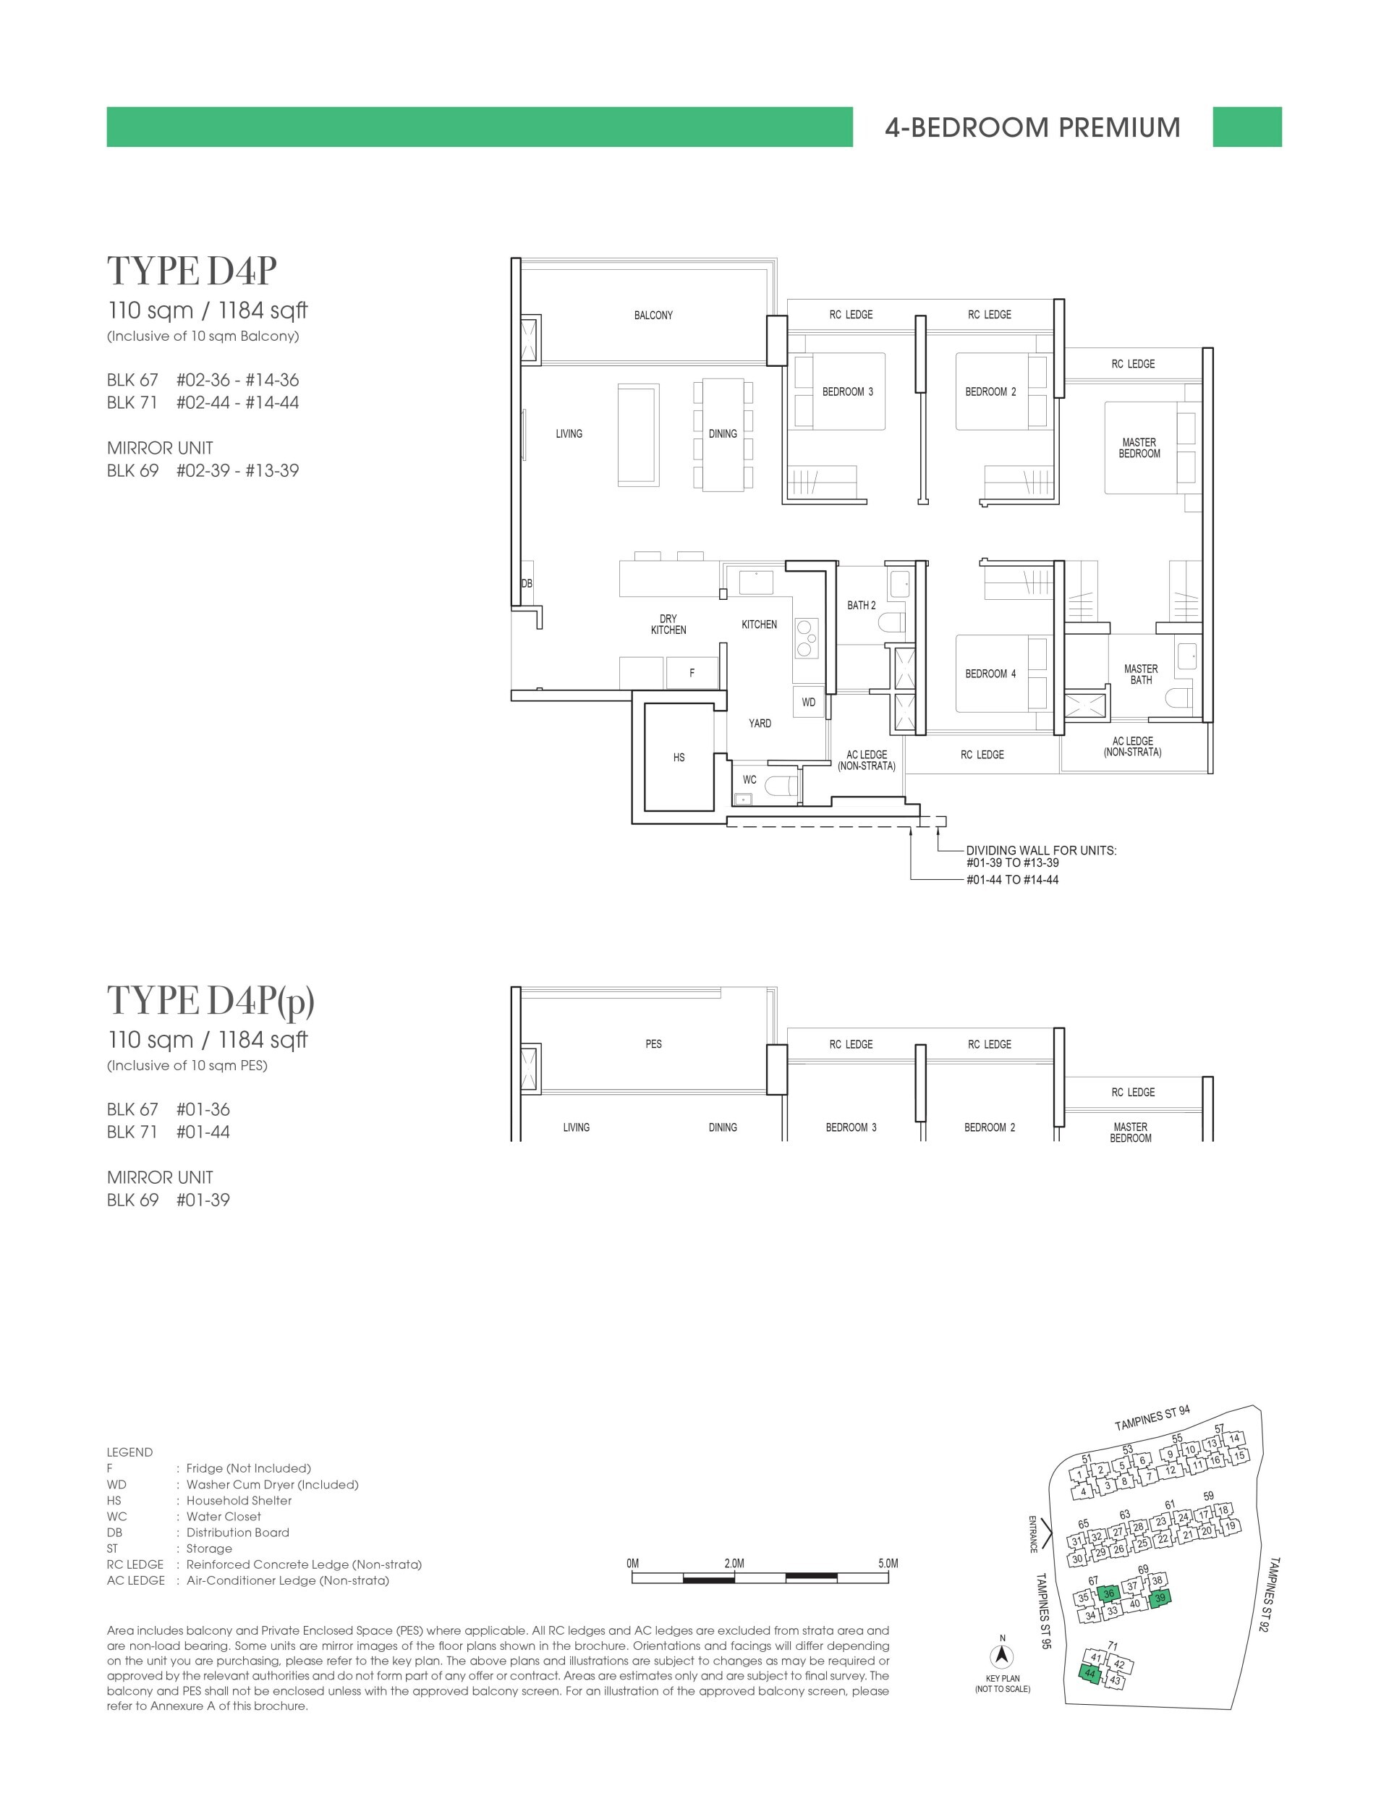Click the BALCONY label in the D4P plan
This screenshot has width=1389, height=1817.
coord(653,315)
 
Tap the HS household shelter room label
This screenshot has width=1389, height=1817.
coord(679,758)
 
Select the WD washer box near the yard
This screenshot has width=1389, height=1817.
coord(809,702)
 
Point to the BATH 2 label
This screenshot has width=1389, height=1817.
coord(861,606)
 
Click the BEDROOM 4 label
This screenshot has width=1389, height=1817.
coord(990,673)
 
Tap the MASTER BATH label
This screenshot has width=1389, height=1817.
coord(1140,674)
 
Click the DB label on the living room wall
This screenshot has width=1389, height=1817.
coord(527,583)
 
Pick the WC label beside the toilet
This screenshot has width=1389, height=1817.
coord(749,779)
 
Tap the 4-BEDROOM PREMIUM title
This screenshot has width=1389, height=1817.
coord(1032,127)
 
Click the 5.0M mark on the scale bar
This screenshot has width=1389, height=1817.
coord(888,1563)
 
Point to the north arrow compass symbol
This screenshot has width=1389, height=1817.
coord(1002,1656)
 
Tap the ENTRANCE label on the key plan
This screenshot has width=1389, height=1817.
coord(1032,1534)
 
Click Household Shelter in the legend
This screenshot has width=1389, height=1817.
coord(239,1500)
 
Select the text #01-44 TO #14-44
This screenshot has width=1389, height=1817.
coord(1012,880)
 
